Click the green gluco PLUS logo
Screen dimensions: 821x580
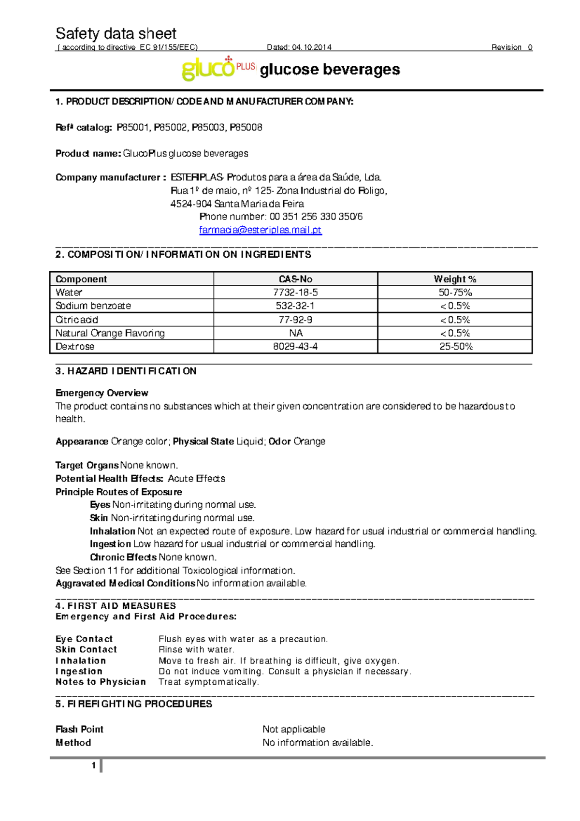coord(218,69)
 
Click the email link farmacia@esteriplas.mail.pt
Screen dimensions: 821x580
coord(260,230)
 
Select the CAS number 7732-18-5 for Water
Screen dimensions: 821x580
coord(295,293)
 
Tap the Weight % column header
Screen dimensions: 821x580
coord(455,279)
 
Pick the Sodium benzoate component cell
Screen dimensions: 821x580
coord(93,306)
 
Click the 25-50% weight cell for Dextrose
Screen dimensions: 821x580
coord(455,347)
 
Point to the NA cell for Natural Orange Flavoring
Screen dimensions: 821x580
coord(295,333)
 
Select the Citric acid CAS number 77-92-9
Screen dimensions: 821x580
coord(295,320)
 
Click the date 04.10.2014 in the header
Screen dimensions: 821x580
coord(312,47)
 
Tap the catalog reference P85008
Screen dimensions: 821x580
coord(246,128)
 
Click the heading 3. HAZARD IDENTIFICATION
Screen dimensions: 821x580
coord(126,371)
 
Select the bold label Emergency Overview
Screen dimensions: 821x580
coord(101,393)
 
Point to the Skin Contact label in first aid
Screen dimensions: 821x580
coord(86,650)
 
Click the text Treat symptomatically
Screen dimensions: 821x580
coord(209,682)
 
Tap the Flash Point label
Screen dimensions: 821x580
coord(79,729)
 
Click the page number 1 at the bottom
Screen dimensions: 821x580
coord(93,765)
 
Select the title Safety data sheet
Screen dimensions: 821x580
coord(116,33)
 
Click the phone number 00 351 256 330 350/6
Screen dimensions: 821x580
coord(316,217)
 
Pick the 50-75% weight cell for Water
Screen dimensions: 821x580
coord(455,293)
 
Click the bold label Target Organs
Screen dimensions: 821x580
coord(87,465)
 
